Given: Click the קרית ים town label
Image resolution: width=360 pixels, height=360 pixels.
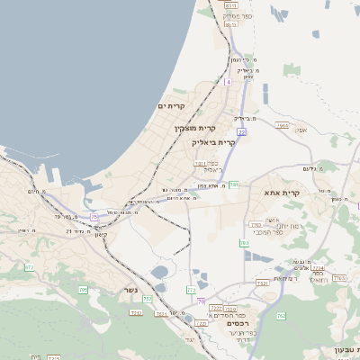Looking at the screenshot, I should [171, 106].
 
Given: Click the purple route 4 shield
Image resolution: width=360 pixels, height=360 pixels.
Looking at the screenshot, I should [229, 82].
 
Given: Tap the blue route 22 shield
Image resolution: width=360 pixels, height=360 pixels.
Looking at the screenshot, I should [241, 132].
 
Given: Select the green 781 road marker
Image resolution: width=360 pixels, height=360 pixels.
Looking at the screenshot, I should [234, 184].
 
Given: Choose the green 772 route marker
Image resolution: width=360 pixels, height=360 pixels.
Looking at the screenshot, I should [191, 290].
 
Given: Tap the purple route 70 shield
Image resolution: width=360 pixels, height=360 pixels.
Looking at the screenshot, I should [202, 301].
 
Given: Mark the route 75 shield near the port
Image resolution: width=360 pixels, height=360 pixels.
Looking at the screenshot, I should [94, 215].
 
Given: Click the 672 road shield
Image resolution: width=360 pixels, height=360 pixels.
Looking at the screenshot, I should [29, 267].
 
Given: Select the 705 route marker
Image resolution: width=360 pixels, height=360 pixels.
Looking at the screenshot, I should [83, 290].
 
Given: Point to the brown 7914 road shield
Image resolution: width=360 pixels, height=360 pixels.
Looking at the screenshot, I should [283, 126].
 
